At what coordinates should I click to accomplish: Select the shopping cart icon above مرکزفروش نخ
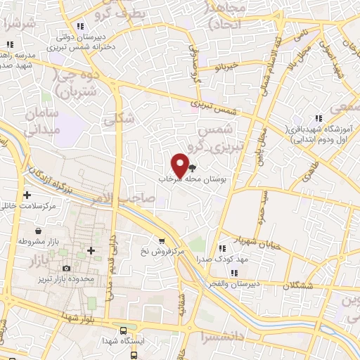coord(162,240)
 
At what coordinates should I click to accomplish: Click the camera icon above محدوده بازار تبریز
coord(66,268)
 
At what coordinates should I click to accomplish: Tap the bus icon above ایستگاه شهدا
coord(124,330)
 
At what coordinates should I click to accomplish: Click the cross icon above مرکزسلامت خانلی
coord(27,195)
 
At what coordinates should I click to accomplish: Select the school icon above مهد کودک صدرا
coord(223,248)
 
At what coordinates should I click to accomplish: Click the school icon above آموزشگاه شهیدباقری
coord(318,119)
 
